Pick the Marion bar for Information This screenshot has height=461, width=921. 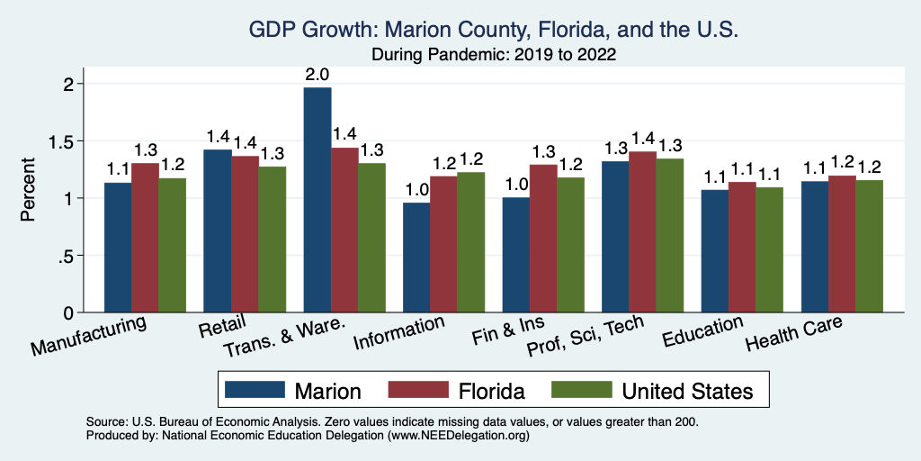(416, 258)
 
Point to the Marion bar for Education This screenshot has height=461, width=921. (715, 251)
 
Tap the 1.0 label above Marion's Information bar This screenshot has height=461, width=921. (416, 190)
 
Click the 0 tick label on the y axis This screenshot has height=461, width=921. (68, 312)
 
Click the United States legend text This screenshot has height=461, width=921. (687, 391)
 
